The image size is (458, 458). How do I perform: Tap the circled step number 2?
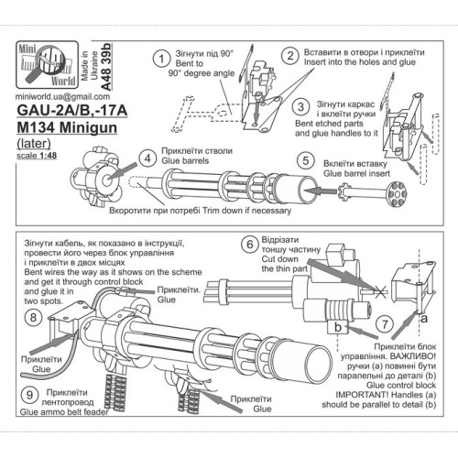289,57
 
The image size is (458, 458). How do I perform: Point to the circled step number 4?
147,158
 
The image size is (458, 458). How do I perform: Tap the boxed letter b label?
340,326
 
